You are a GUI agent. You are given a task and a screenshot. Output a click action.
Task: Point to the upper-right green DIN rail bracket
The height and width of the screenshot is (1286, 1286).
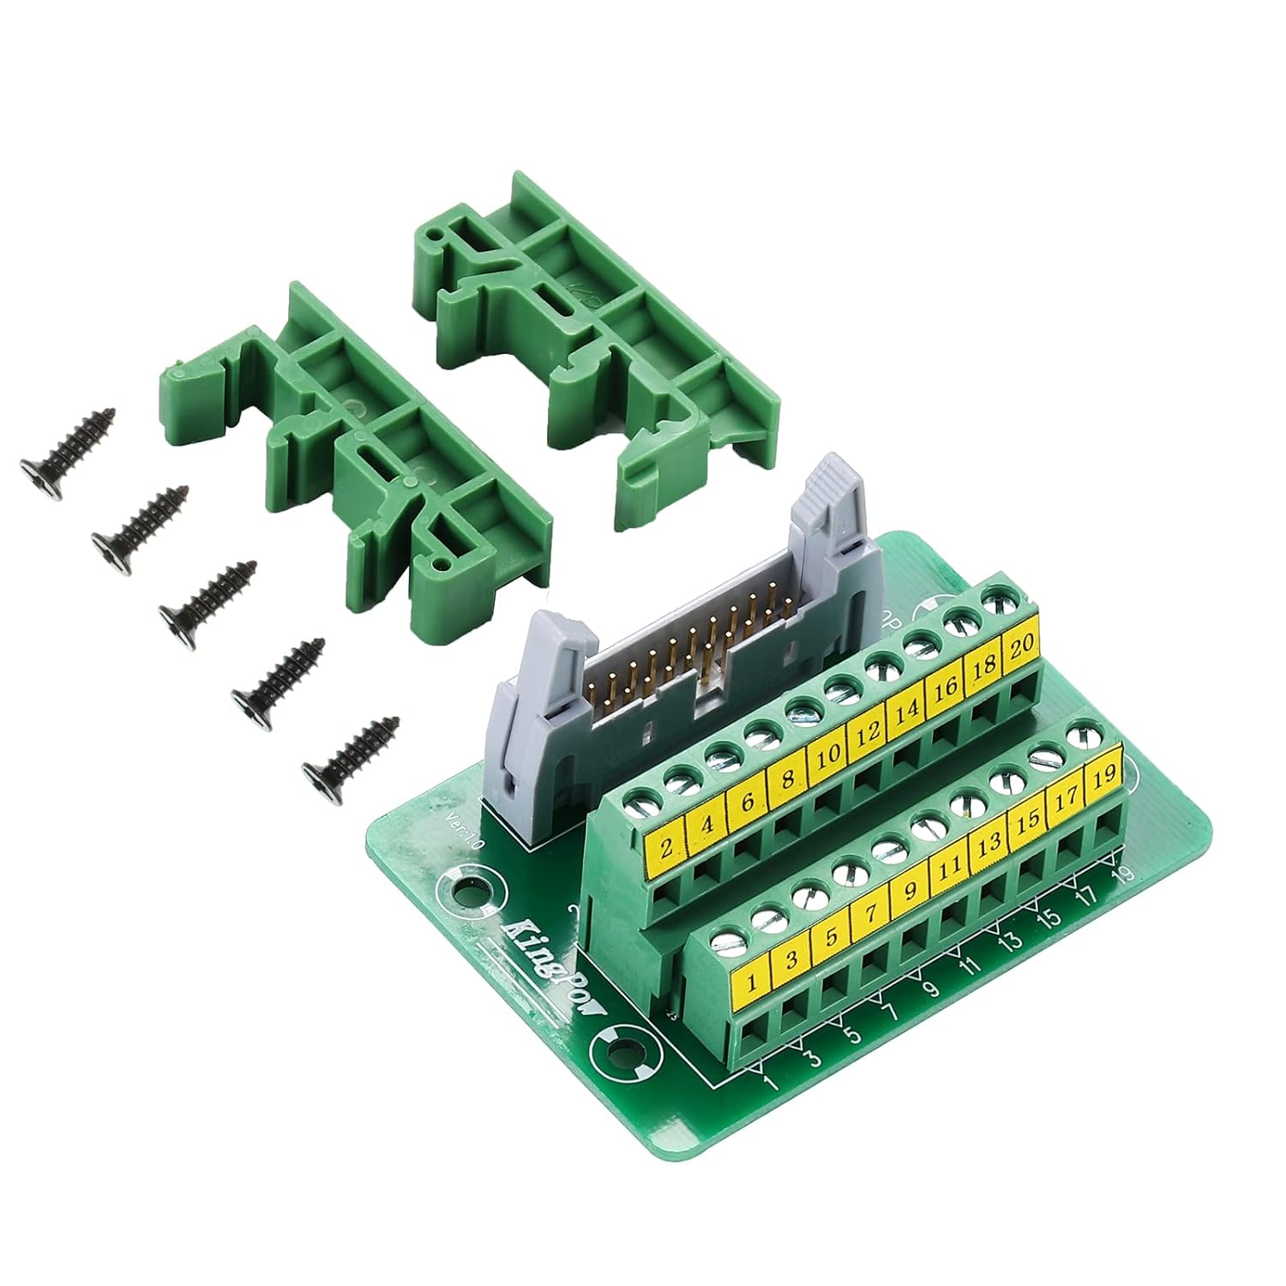(600, 343)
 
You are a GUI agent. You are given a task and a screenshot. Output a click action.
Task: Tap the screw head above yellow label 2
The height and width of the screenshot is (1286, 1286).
(639, 803)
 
